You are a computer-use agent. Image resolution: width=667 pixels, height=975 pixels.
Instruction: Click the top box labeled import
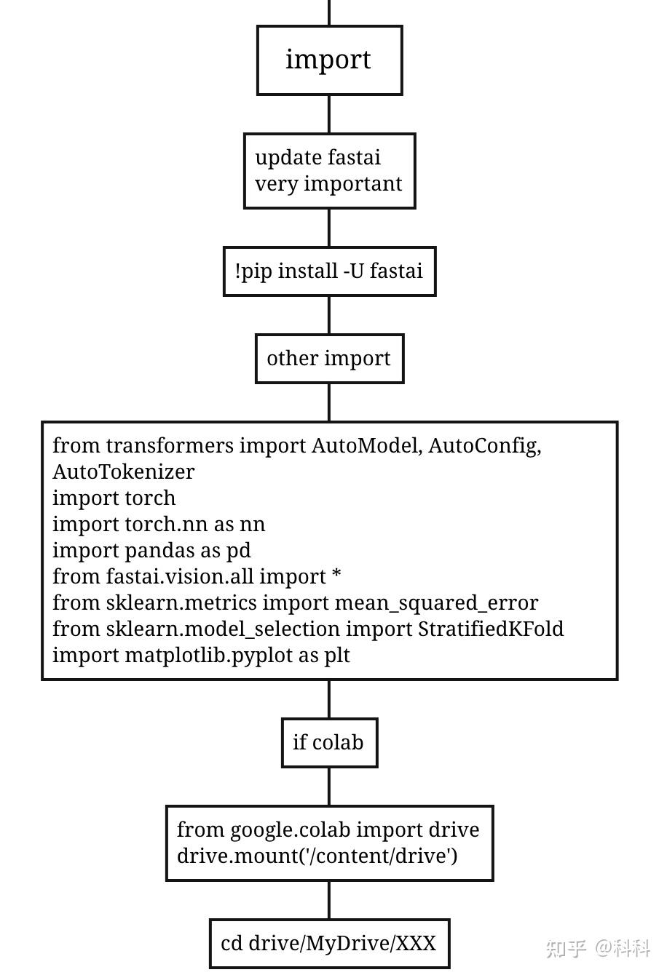coord(329,60)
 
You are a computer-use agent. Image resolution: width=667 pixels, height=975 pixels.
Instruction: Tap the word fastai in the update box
coord(354,157)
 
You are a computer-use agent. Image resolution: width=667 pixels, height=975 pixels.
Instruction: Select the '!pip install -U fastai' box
coord(329,271)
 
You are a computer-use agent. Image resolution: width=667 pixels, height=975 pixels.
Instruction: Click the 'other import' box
coord(329,359)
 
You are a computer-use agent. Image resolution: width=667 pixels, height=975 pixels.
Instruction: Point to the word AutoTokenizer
coord(123,471)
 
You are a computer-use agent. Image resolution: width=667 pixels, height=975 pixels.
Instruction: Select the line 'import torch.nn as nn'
coord(159,524)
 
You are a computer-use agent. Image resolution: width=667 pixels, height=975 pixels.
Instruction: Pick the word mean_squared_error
coord(436,604)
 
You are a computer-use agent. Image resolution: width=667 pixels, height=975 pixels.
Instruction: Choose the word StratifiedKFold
coord(491,629)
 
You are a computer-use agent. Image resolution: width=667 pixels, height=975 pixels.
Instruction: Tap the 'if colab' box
coord(329,743)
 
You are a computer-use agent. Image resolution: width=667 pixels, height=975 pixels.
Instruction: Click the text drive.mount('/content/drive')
coord(317,856)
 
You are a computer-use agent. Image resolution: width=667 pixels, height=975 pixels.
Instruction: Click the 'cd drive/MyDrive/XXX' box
coord(329,944)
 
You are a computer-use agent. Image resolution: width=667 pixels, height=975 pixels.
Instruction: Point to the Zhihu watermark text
coord(598,949)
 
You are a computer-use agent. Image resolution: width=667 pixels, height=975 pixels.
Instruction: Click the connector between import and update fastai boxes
coord(329,114)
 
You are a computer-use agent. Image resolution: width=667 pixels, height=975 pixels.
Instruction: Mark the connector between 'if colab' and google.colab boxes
coord(329,787)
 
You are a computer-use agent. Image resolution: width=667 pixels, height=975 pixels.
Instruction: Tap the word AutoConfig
coord(485,447)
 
